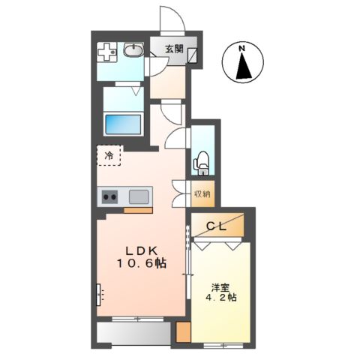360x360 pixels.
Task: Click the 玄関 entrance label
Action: [174, 49]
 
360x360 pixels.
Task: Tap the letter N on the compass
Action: [241, 49]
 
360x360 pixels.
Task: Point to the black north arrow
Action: [244, 66]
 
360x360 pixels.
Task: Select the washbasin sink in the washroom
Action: [133, 49]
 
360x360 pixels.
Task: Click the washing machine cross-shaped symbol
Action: [107, 52]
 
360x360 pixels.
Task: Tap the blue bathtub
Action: [123, 124]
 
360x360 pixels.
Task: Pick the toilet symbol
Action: [202, 163]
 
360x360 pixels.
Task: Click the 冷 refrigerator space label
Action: [109, 156]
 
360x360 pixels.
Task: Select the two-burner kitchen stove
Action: [110, 196]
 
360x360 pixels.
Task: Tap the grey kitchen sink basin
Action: [139, 196]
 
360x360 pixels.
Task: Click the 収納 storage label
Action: [202, 193]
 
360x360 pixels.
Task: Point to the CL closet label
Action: [217, 226]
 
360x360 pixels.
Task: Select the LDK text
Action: [141, 250]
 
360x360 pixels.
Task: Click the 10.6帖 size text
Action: [142, 263]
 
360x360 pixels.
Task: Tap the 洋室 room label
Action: [220, 287]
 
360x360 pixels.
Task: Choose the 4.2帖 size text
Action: [221, 298]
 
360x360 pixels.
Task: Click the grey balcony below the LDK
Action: [133, 334]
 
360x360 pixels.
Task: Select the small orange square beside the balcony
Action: [184, 332]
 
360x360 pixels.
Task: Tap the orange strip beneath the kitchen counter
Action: [138, 210]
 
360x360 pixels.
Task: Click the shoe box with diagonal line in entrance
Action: [193, 55]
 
